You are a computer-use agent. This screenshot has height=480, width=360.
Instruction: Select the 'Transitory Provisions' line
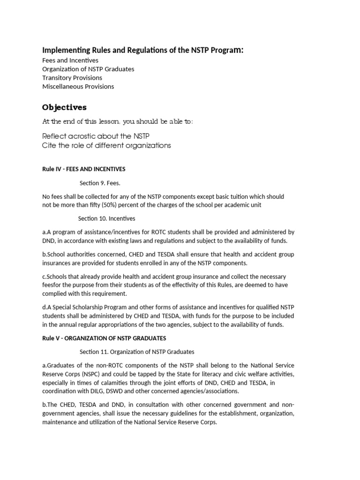[x=72, y=78]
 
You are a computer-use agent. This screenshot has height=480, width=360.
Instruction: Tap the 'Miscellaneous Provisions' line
[x=78, y=86]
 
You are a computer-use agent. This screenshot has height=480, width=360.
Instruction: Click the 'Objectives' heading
[x=64, y=107]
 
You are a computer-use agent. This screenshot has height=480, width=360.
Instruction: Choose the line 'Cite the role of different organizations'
[x=106, y=145]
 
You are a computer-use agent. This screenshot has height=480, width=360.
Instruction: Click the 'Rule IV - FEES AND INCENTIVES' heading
[x=84, y=169]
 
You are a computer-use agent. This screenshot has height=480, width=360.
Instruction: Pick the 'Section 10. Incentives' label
[x=106, y=218]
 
